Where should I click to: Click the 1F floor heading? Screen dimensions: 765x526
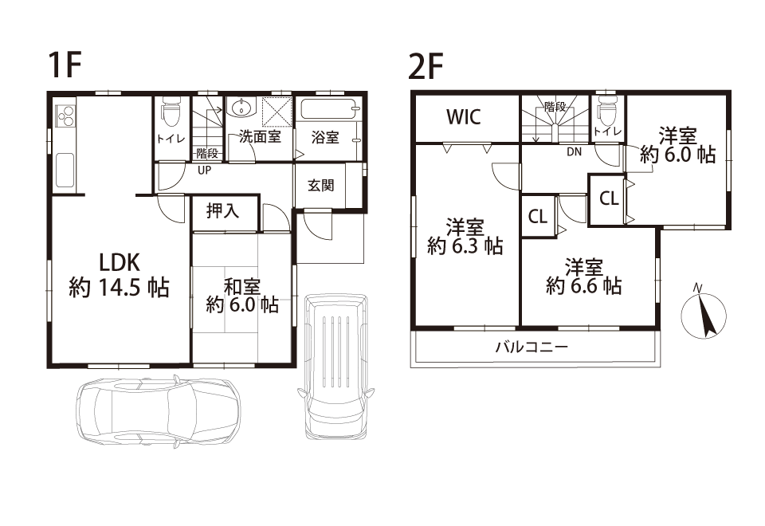(64, 65)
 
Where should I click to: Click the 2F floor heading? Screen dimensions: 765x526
(426, 66)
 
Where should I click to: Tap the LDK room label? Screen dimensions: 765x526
(120, 263)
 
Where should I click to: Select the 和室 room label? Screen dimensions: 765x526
(242, 287)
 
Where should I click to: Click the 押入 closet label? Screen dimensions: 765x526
(223, 210)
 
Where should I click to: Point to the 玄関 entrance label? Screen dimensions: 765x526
(321, 185)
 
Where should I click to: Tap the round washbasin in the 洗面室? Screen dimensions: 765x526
(241, 108)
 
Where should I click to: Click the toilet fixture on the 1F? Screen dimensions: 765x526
(171, 112)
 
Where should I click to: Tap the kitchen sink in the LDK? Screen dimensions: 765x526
(65, 169)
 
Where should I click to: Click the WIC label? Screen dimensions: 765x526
(464, 118)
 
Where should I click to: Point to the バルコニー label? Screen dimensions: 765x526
(532, 347)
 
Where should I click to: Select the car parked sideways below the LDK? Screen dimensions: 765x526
(158, 411)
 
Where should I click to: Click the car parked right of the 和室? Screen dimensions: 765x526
(336, 366)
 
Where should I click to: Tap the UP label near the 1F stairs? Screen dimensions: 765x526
(205, 171)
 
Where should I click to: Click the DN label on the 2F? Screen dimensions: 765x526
(575, 151)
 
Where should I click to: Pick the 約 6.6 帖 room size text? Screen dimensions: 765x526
(583, 285)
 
